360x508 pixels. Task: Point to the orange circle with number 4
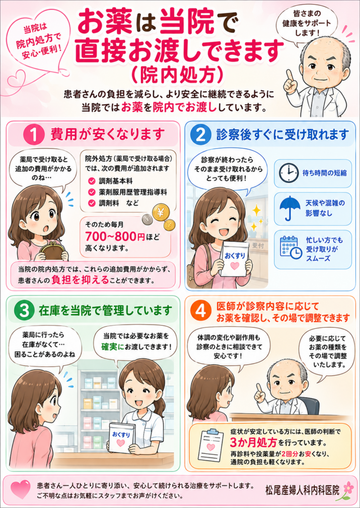point(201,311)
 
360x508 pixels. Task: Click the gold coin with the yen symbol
point(160,212)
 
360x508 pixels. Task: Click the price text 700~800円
point(115,237)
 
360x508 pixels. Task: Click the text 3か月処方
point(254,442)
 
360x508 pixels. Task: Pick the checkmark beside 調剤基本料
point(92,181)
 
